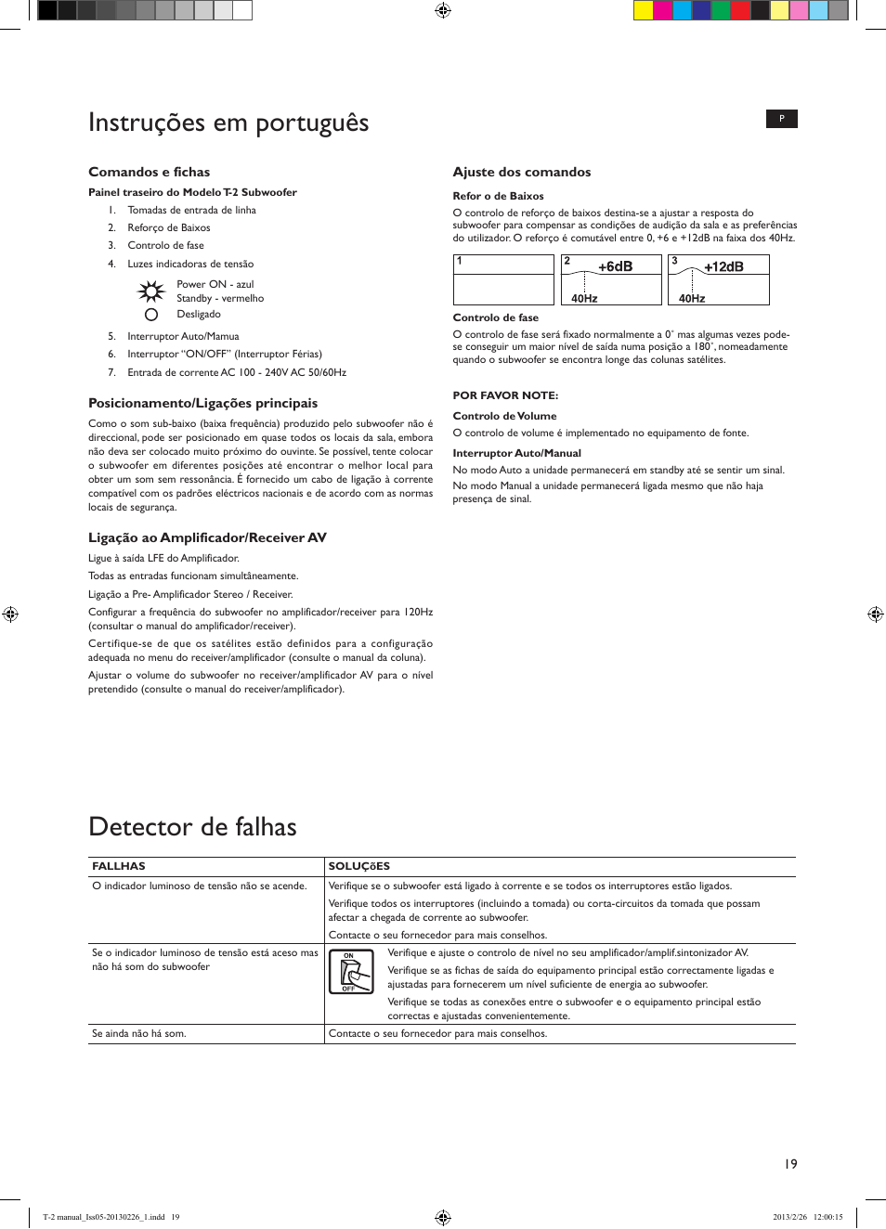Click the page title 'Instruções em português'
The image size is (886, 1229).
pos(228,123)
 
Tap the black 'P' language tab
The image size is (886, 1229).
pos(781,119)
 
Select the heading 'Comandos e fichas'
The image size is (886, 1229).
pos(149,172)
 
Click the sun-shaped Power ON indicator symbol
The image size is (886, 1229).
pos(150,291)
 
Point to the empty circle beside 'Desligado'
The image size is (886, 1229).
pos(151,315)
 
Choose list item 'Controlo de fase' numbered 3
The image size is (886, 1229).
pos(165,246)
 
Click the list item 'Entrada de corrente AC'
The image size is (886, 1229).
pos(236,372)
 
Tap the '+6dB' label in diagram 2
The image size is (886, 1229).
pos(615,266)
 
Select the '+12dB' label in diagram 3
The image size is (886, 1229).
pos(723,266)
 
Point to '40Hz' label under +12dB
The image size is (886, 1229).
pos(692,298)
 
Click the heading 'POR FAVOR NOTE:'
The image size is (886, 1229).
pos(505,395)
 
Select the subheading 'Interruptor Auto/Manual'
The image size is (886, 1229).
pos(516,453)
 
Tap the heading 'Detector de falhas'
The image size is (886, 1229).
pos(192,827)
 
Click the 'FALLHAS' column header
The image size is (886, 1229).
pos(119,866)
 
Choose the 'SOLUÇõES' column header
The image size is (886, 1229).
pos(358,866)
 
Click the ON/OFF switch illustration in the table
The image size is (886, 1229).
pos(351,972)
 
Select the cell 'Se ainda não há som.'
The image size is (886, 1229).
pos(138,1033)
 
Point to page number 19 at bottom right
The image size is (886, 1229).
pos(790,1164)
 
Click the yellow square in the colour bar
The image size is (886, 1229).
pos(643,10)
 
